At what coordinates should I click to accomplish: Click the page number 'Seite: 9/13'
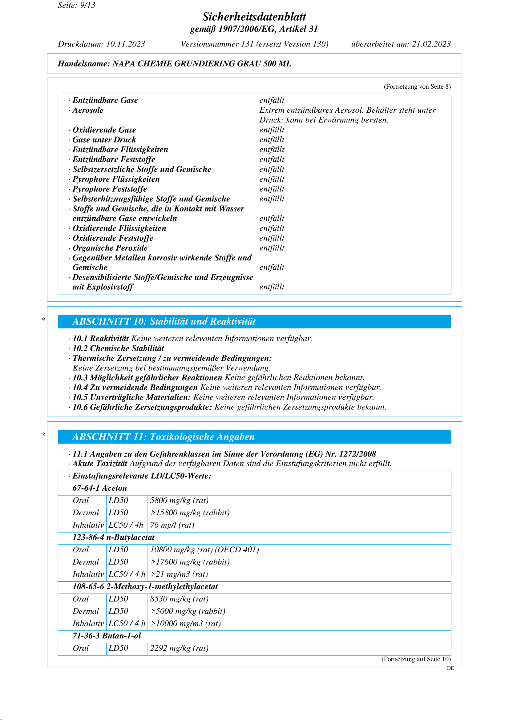pos(77,5)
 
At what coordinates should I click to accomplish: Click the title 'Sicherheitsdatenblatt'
pos(254,17)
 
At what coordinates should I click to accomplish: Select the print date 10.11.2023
pos(125,44)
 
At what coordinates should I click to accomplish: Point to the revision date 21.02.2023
pos(431,44)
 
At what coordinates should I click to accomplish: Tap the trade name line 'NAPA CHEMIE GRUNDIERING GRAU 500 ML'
pos(202,64)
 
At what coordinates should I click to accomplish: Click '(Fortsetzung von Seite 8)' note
pos(417,86)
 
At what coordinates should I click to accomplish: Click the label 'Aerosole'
pos(88,110)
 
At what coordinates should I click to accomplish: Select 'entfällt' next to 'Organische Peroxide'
pos(272,248)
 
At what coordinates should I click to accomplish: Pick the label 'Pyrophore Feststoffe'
pos(109,189)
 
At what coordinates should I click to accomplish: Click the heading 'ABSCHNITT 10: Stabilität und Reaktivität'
pos(164,321)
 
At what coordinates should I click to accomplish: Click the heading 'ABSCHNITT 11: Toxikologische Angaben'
pos(163,437)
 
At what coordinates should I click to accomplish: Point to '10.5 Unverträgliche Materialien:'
pos(131,397)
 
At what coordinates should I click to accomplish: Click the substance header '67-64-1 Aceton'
pos(100,488)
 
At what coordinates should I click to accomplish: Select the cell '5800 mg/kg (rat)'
pos(179,500)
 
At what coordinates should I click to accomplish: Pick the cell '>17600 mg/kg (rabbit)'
pos(190,562)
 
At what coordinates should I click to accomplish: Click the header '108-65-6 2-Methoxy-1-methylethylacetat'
pos(145,586)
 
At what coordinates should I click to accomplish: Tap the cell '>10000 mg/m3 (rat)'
pos(185,623)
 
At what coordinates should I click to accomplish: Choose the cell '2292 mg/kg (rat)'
pos(179,648)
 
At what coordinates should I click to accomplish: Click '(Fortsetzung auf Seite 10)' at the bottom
pos(416,659)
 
